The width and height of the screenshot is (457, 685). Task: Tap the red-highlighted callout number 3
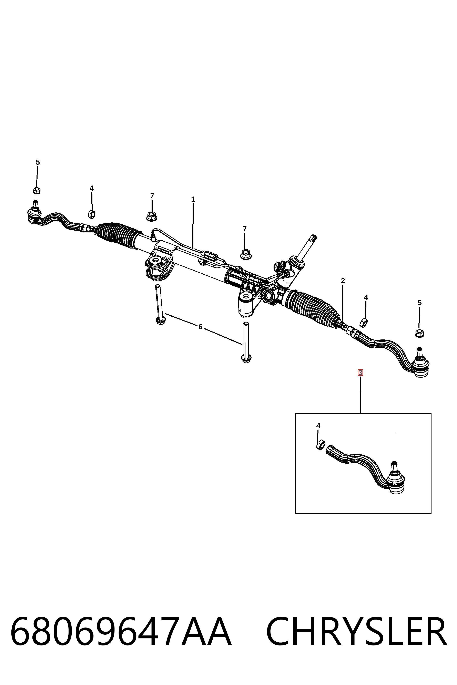click(360, 372)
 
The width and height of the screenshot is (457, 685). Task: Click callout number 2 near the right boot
click(343, 281)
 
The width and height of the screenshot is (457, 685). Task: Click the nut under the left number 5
click(37, 191)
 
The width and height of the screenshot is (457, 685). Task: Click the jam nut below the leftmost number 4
click(92, 214)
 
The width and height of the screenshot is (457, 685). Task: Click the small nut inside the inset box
click(320, 445)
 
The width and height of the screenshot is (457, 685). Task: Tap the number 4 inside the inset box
click(318, 426)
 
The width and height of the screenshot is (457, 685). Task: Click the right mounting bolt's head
click(246, 359)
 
